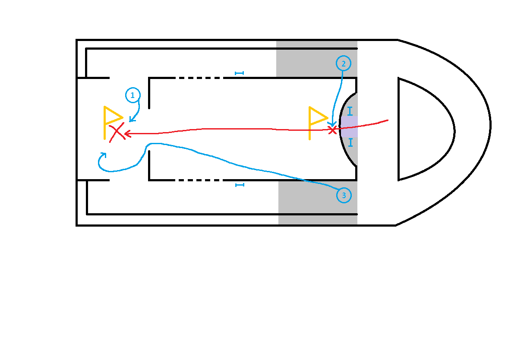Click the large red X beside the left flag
pos(117,132)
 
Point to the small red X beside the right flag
pos(332,130)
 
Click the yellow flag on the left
pos(113,123)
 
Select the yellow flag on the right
pos(319,123)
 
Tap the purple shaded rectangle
pos(349,126)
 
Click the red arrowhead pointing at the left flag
pos(127,134)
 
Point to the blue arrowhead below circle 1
pos(132,119)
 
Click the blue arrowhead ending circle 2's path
pos(332,124)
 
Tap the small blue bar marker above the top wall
pos(239,73)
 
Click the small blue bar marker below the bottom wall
pos(240,185)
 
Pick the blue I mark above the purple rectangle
pos(350,111)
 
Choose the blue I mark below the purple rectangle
pos(350,142)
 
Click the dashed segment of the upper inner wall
pos(199,78)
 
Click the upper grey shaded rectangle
pos(317,59)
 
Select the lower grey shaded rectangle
pos(318,203)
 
